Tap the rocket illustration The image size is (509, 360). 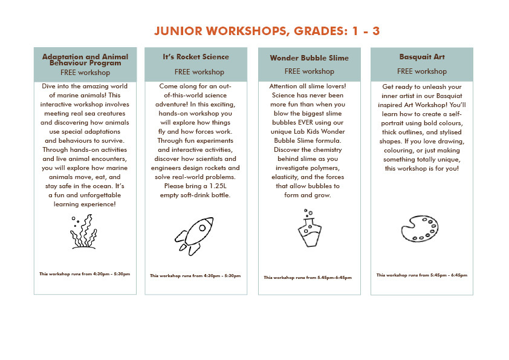click(195, 235)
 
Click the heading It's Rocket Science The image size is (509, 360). click(196, 57)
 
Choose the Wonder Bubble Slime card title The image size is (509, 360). click(309, 58)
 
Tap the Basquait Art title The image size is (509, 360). click(422, 57)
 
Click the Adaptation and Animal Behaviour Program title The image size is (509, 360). click(85, 59)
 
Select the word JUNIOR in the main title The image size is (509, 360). click(177, 31)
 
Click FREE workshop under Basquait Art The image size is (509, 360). click(422, 71)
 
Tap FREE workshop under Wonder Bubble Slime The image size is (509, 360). click(309, 71)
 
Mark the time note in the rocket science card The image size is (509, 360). click(195, 276)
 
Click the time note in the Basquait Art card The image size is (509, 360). click(422, 275)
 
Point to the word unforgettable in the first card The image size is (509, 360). click(91, 195)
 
